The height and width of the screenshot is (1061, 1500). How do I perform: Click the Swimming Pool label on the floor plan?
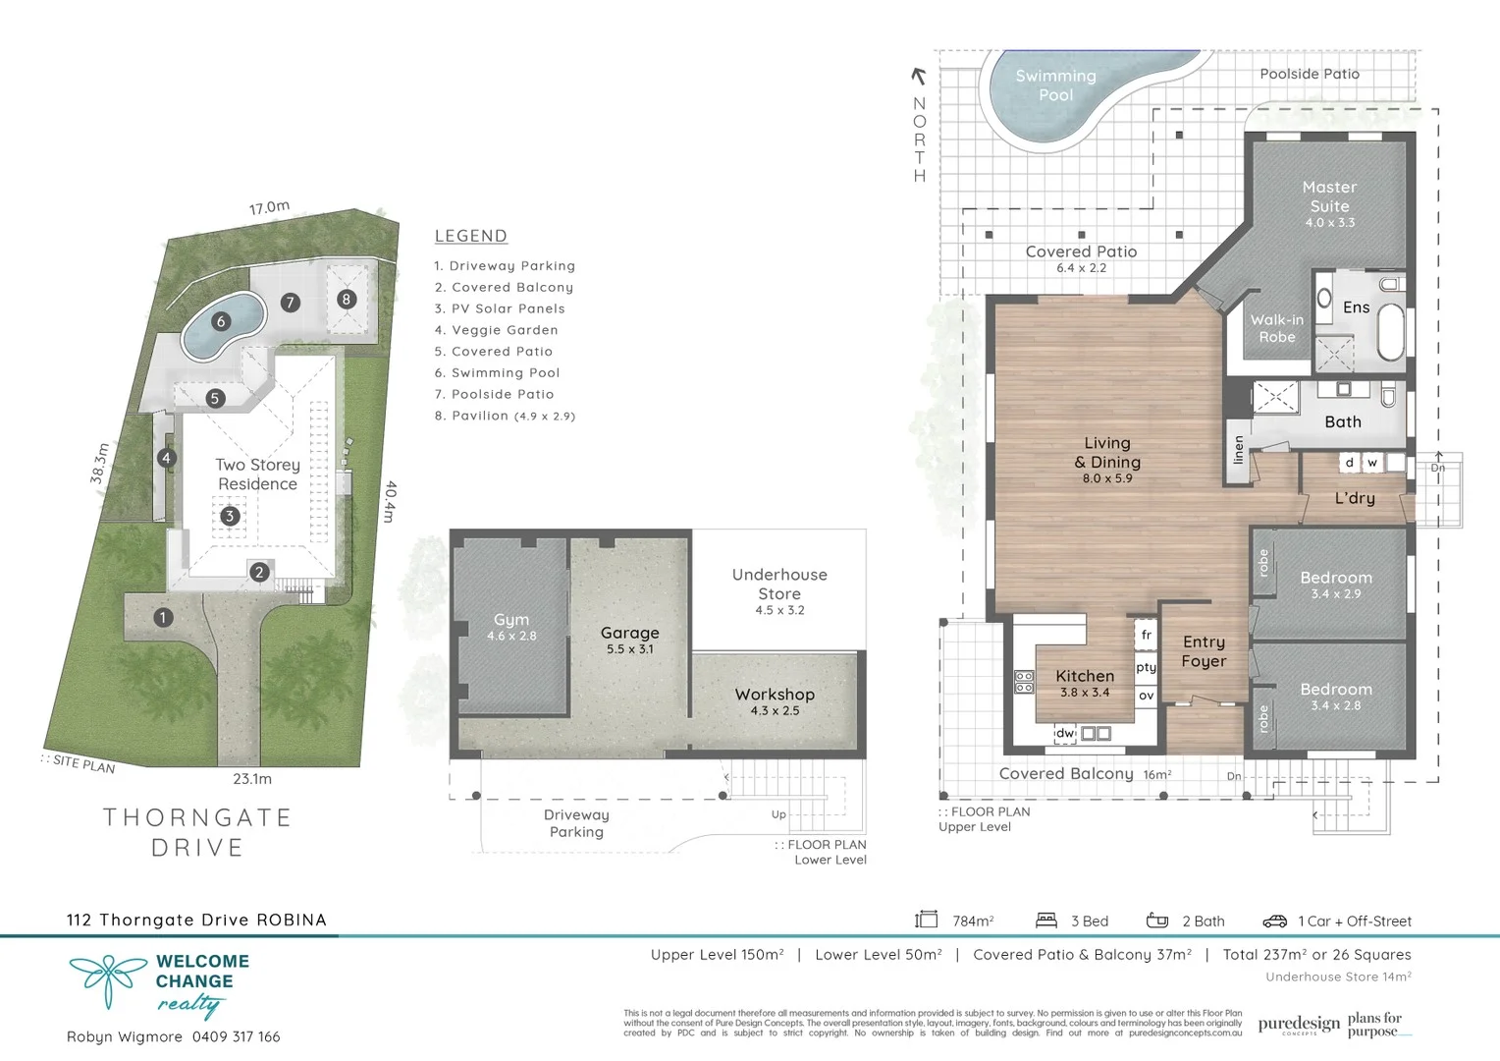pyautogui.click(x=1055, y=85)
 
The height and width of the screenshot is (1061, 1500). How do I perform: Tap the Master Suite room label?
pyautogui.click(x=1329, y=196)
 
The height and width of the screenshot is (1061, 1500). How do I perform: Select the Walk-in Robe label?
pyautogui.click(x=1276, y=328)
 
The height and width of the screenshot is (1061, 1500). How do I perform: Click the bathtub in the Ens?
pyautogui.click(x=1390, y=333)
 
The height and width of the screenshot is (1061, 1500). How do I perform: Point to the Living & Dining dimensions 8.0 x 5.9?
pyautogui.click(x=1107, y=478)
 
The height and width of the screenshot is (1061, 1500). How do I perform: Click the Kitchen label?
pyautogui.click(x=1085, y=676)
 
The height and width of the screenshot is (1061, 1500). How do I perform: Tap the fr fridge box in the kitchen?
pyautogui.click(x=1146, y=635)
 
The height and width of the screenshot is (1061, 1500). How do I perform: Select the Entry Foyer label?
pyautogui.click(x=1204, y=651)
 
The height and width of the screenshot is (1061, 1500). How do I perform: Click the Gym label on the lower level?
pyautogui.click(x=510, y=620)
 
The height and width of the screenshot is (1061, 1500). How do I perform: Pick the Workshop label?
pyautogui.click(x=775, y=695)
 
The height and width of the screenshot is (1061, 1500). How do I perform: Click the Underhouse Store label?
pyautogui.click(x=779, y=584)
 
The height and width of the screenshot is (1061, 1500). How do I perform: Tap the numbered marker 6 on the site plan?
pyautogui.click(x=221, y=321)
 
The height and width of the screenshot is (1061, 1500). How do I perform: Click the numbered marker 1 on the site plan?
pyautogui.click(x=163, y=617)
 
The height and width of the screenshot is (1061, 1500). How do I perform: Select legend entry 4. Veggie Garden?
pyautogui.click(x=496, y=330)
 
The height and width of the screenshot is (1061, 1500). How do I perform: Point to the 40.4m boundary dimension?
pyautogui.click(x=390, y=501)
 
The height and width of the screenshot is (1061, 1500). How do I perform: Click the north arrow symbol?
pyautogui.click(x=919, y=77)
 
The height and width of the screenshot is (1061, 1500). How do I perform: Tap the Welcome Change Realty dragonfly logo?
pyautogui.click(x=107, y=980)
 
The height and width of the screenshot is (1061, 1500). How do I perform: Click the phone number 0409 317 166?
pyautogui.click(x=236, y=1036)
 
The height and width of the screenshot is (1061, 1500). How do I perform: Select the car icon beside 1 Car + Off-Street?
pyautogui.click(x=1274, y=921)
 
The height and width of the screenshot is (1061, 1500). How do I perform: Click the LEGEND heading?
pyautogui.click(x=470, y=236)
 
